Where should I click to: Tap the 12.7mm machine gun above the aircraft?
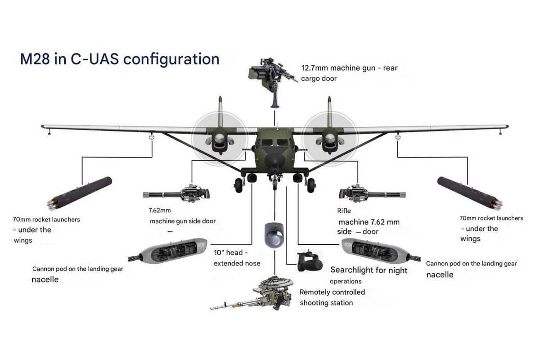click(x=273, y=74)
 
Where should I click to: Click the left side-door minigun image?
click(x=177, y=194)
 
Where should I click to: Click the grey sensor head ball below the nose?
click(x=273, y=234)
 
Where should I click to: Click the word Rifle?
click(x=344, y=211)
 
